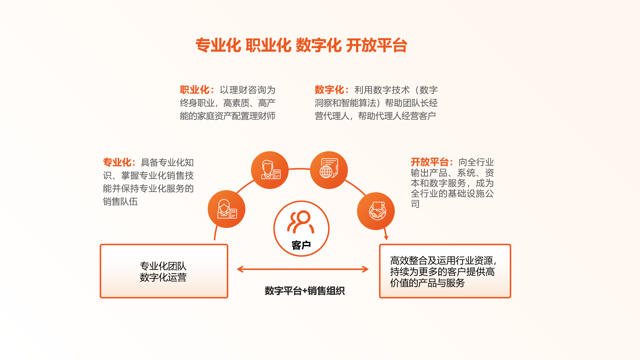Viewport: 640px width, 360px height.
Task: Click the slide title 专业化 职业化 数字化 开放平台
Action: [301, 45]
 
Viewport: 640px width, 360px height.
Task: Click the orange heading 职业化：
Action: [197, 90]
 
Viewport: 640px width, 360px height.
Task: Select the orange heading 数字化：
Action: [332, 90]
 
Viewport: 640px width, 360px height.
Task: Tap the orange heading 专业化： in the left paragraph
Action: [119, 162]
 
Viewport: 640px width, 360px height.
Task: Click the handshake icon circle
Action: [376, 211]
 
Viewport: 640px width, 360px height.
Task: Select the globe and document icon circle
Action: [329, 170]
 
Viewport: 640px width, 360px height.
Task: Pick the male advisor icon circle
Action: [270, 170]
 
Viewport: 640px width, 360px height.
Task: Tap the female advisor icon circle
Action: [226, 209]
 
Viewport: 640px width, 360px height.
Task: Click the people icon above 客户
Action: [301, 222]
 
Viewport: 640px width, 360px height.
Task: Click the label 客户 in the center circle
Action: [301, 245]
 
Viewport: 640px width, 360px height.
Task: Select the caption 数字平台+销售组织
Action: [305, 291]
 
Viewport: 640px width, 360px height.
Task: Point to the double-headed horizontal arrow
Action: [303, 269]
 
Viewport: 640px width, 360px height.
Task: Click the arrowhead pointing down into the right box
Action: [386, 238]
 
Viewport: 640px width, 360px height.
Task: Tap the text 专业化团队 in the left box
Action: [163, 266]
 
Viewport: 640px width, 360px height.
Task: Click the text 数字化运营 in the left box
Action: [163, 277]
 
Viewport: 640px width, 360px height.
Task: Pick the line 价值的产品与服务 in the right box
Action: [427, 283]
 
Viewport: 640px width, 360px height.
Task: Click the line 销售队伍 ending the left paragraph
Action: [120, 201]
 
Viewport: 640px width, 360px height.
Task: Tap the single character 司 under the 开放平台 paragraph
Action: [415, 204]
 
